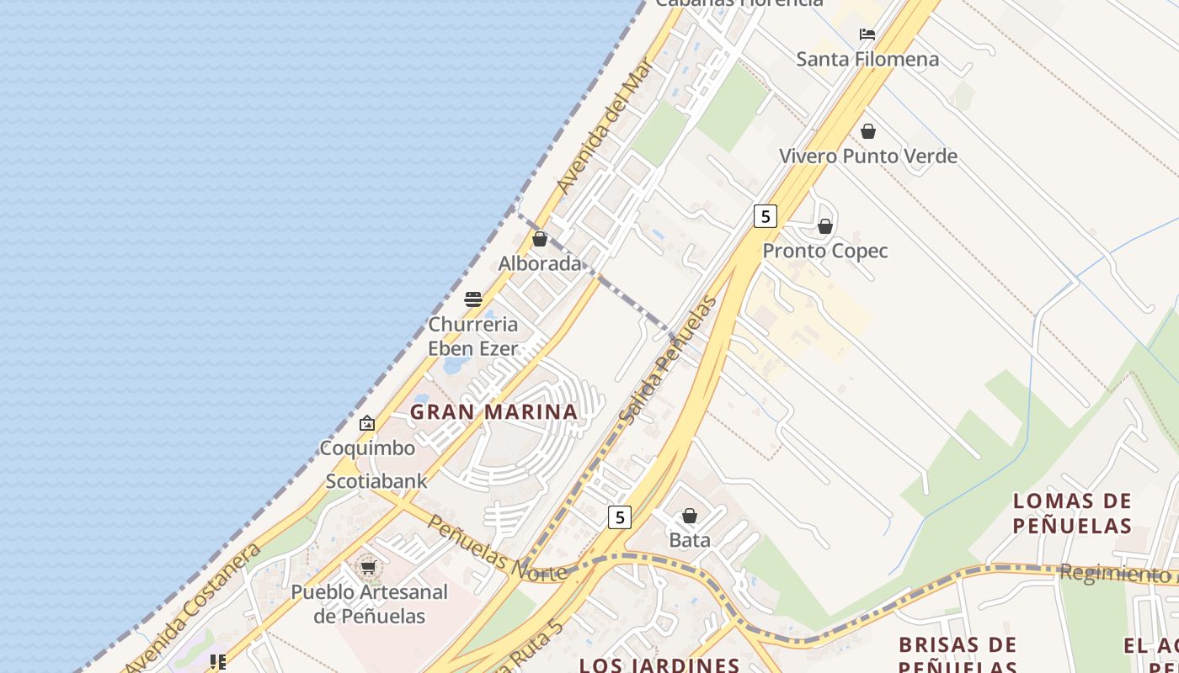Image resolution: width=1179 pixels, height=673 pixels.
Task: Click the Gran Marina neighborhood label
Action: pyautogui.click(x=493, y=412)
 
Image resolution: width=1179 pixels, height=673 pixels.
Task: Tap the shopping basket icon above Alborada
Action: pyautogui.click(x=540, y=239)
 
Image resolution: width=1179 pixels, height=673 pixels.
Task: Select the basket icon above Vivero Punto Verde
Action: pyautogui.click(x=868, y=131)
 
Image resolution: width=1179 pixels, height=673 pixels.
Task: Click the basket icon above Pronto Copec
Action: pyautogui.click(x=825, y=226)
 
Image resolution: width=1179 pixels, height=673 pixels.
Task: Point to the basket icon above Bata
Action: pyautogui.click(x=690, y=516)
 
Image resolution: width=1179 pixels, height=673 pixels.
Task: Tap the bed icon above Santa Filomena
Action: pyautogui.click(x=867, y=34)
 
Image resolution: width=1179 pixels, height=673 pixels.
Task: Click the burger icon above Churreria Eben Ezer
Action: pyautogui.click(x=473, y=299)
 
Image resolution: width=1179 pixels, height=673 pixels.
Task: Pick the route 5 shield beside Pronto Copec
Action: pyautogui.click(x=765, y=216)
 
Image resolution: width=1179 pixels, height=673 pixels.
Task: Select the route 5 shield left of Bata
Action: pyautogui.click(x=620, y=517)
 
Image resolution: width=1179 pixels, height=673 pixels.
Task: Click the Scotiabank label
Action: pyautogui.click(x=376, y=481)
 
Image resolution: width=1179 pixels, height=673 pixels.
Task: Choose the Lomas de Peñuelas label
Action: pyautogui.click(x=1072, y=513)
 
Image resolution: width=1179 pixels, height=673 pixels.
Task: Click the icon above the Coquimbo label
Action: pyautogui.click(x=366, y=423)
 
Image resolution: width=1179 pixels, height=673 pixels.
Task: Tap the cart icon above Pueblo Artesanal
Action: pyautogui.click(x=368, y=568)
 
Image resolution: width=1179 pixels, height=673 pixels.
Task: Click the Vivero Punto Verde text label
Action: pyautogui.click(x=868, y=156)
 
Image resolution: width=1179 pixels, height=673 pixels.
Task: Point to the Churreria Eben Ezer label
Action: pyautogui.click(x=473, y=336)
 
